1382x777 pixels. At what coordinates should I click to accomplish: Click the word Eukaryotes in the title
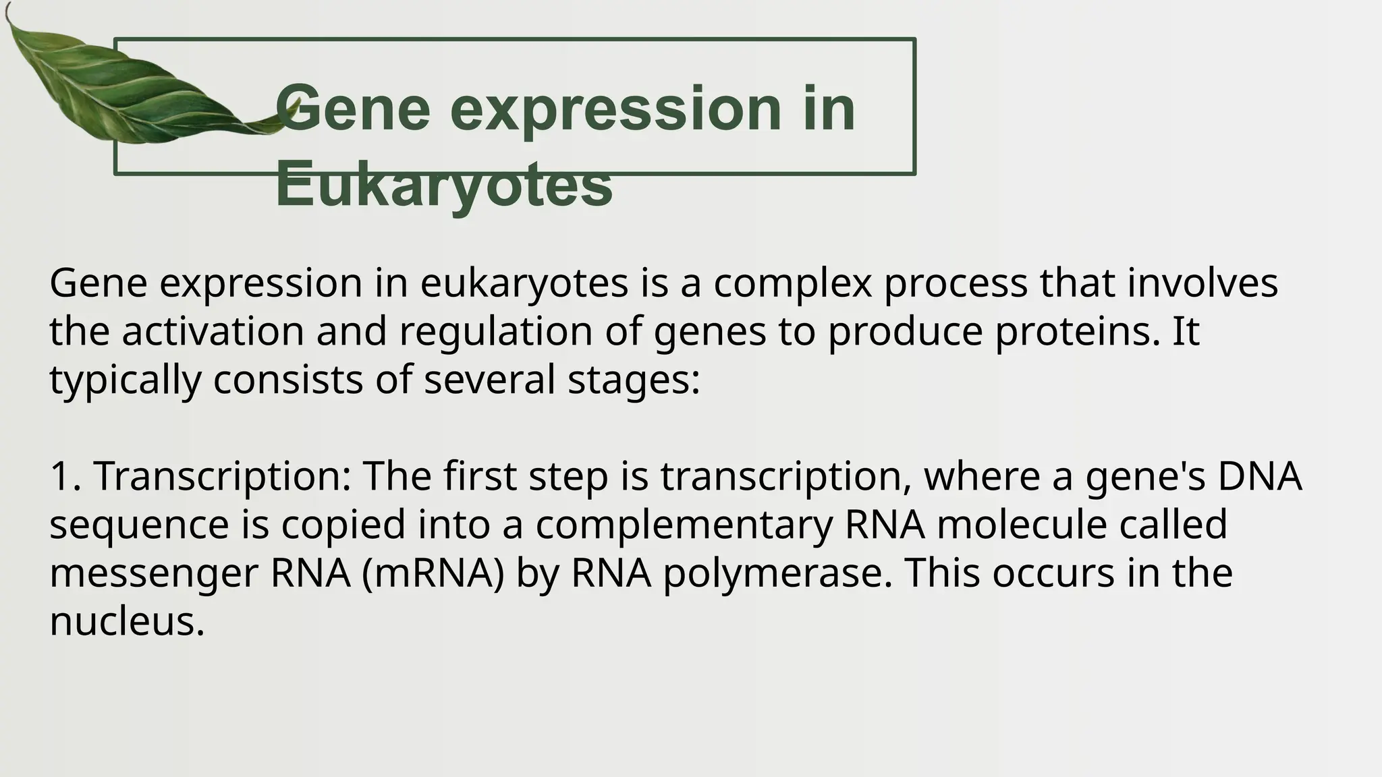[443, 183]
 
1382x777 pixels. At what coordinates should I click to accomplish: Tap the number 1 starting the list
[61, 476]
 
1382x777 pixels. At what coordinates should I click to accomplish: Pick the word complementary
[684, 525]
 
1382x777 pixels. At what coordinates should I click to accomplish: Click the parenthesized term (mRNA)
[433, 573]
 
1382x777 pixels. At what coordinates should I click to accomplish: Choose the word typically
[125, 380]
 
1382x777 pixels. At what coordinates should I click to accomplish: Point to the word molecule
[1022, 525]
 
